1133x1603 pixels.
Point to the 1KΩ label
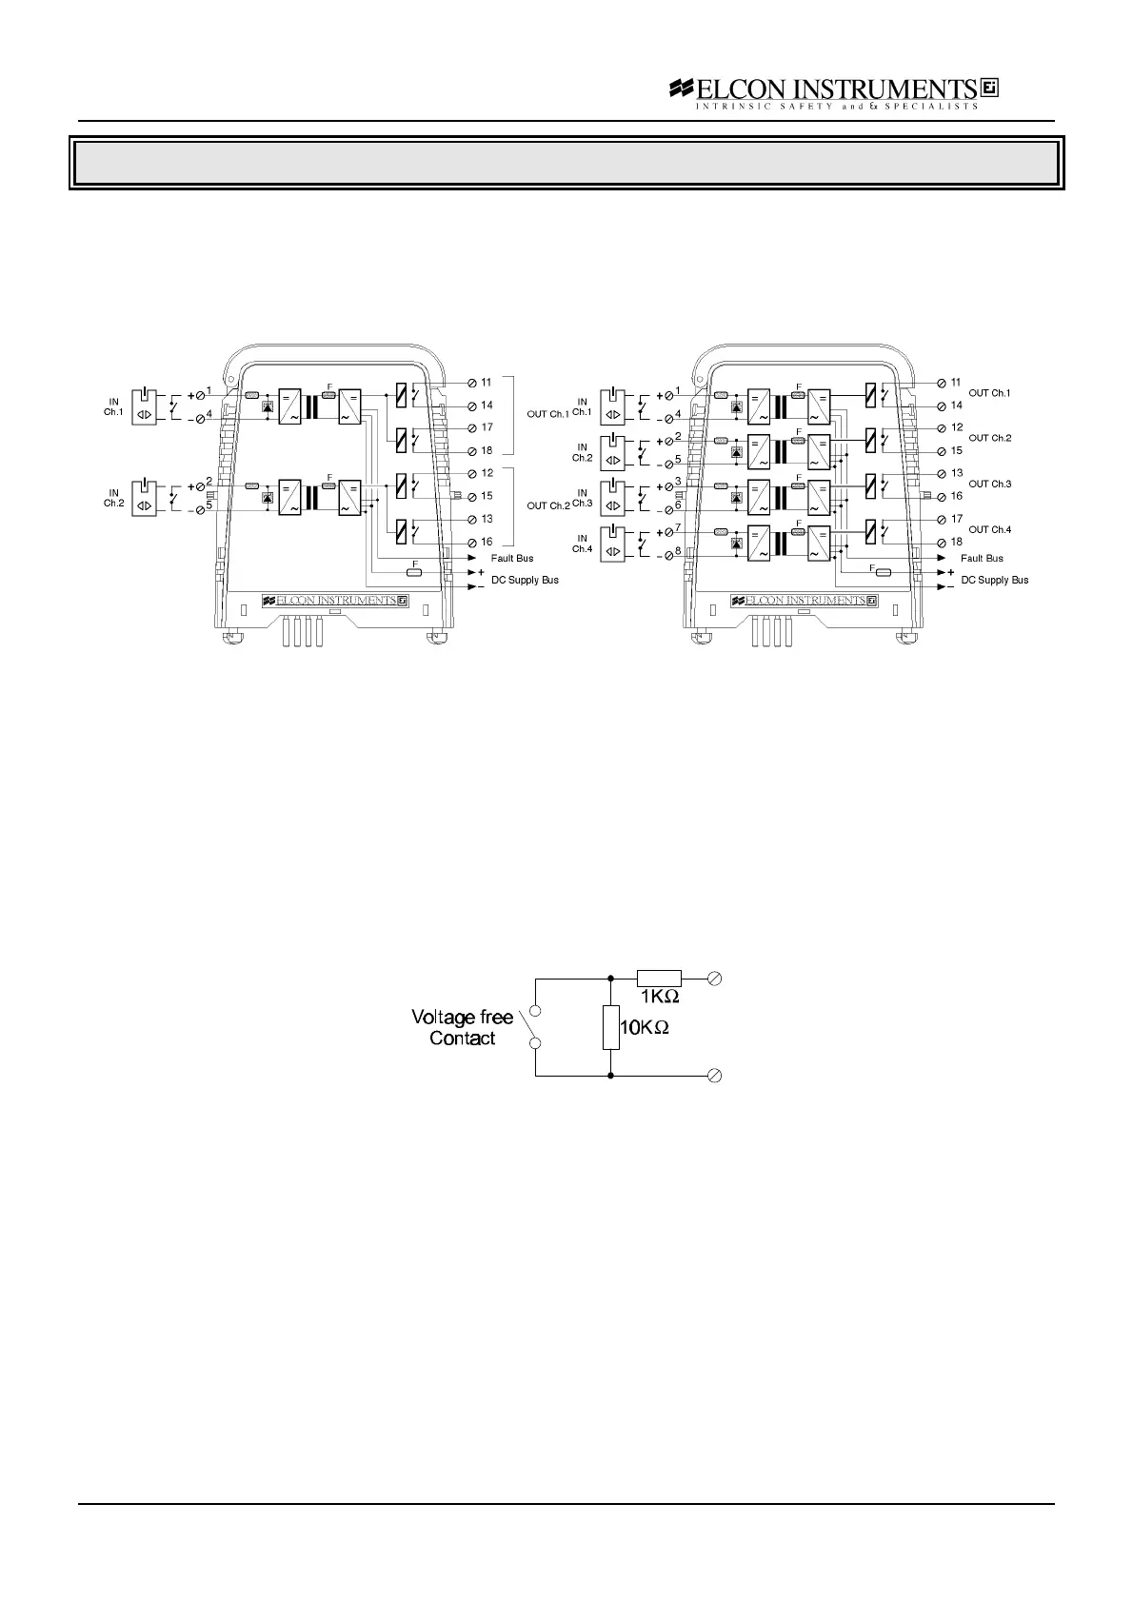pos(659,997)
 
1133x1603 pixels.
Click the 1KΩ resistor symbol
pos(659,977)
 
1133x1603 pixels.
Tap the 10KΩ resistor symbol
pos(610,1027)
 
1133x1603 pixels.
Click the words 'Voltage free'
pos(462,1018)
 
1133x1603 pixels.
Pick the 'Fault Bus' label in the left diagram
pos(512,559)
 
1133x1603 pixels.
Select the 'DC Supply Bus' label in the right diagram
pos(994,580)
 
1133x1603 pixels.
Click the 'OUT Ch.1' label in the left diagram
pos(547,414)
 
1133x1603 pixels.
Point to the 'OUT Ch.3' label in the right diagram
pos(989,485)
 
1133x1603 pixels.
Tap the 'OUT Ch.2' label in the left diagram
pos(547,505)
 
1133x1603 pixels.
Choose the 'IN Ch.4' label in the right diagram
pos(582,544)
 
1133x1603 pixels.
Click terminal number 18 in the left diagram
pos(487,451)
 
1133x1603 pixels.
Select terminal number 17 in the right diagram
pos(957,520)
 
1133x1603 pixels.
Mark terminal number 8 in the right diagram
pos(678,550)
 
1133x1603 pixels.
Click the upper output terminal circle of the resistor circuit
pos(716,977)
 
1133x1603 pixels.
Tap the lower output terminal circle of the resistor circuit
pos(716,1076)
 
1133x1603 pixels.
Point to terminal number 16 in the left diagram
pos(487,543)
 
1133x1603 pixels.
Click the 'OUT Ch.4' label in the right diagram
pos(989,530)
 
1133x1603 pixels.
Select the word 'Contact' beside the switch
pos(462,1039)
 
